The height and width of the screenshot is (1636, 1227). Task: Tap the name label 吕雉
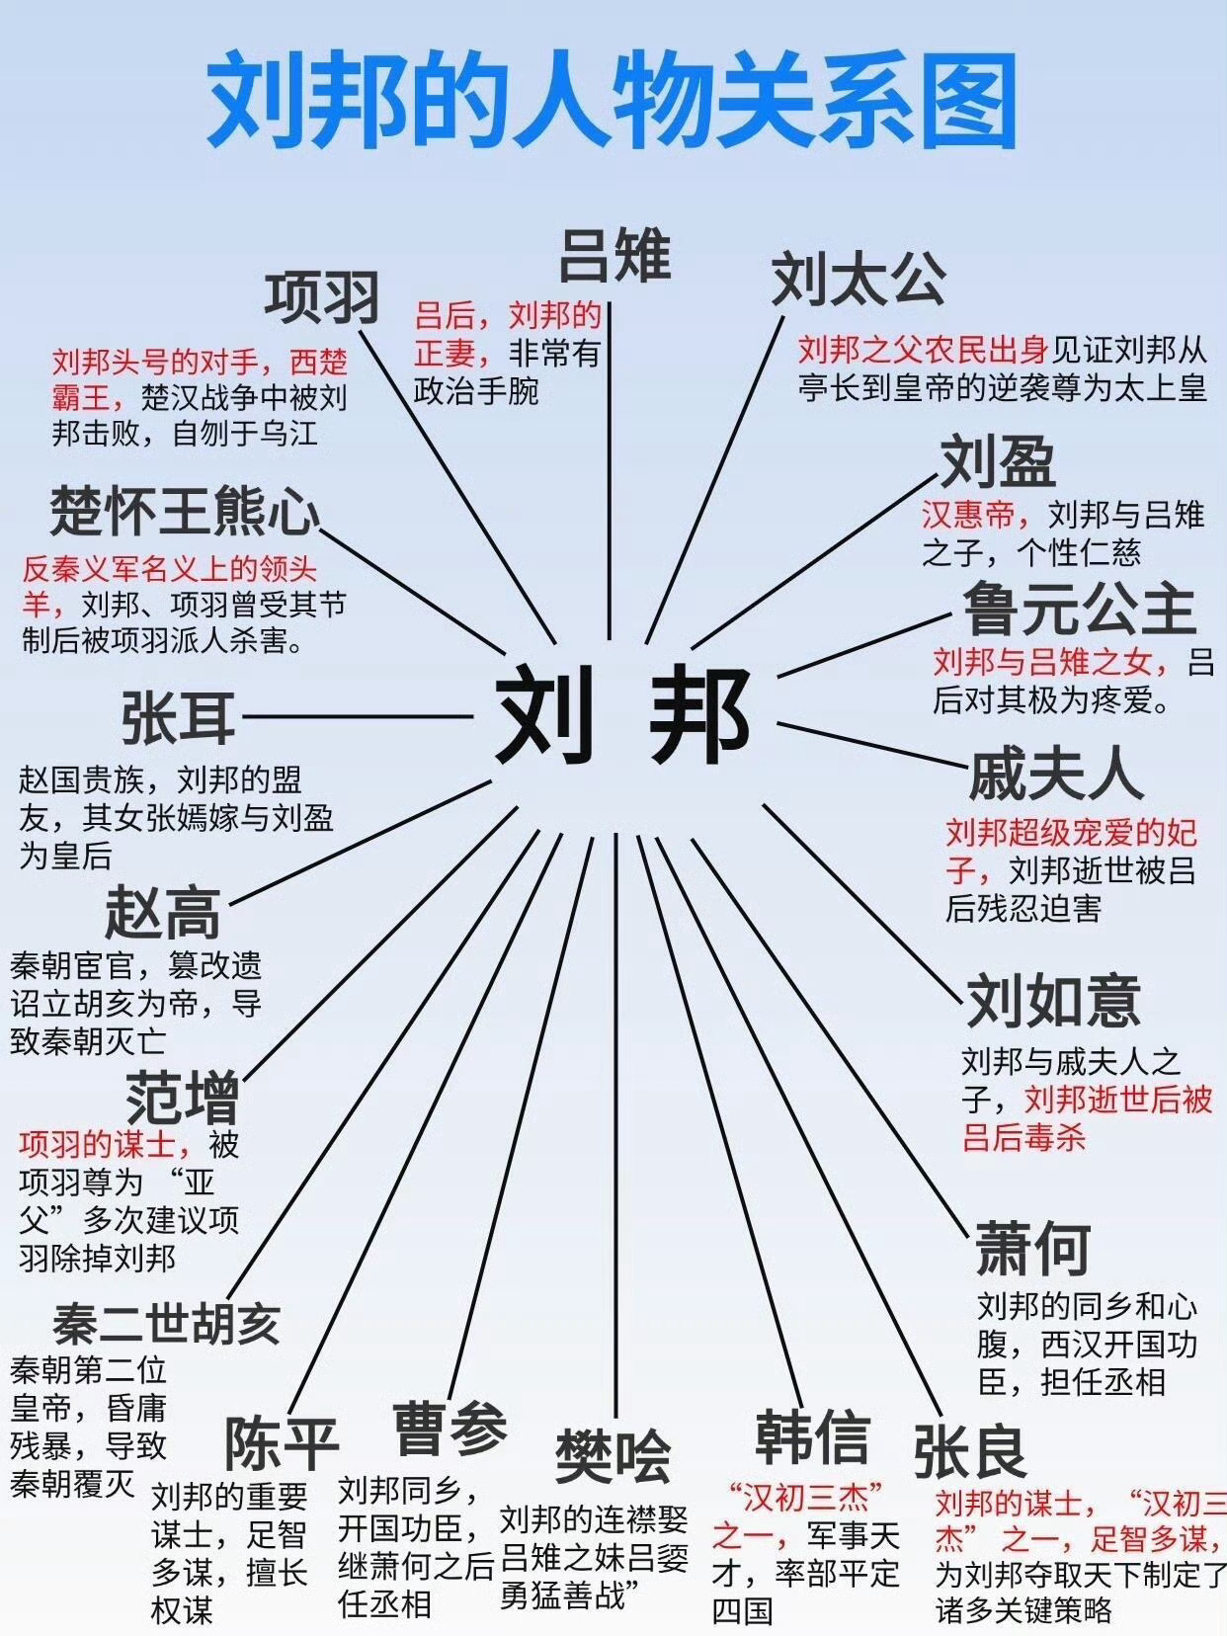(x=614, y=255)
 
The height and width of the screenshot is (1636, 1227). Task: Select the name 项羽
(x=322, y=297)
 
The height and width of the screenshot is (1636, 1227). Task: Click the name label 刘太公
(x=858, y=279)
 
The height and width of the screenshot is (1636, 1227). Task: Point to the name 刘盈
(x=998, y=462)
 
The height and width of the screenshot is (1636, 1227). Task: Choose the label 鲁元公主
(x=1079, y=609)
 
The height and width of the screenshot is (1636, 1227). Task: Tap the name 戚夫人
(x=1055, y=774)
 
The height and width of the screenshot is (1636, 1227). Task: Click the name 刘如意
(x=1053, y=1000)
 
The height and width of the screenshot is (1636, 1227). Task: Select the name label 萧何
(x=1033, y=1249)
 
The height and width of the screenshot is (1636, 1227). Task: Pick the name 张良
(x=969, y=1450)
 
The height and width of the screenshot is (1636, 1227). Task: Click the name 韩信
(x=812, y=1436)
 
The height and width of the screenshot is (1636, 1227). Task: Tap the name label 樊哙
(x=613, y=1456)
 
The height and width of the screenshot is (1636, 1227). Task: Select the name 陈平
(x=282, y=1443)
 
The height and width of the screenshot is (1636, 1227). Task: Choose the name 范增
(x=183, y=1097)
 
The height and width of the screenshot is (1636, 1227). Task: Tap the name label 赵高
(x=163, y=913)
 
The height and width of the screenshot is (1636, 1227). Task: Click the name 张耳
(x=179, y=718)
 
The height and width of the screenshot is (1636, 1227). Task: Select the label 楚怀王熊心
(x=186, y=511)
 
